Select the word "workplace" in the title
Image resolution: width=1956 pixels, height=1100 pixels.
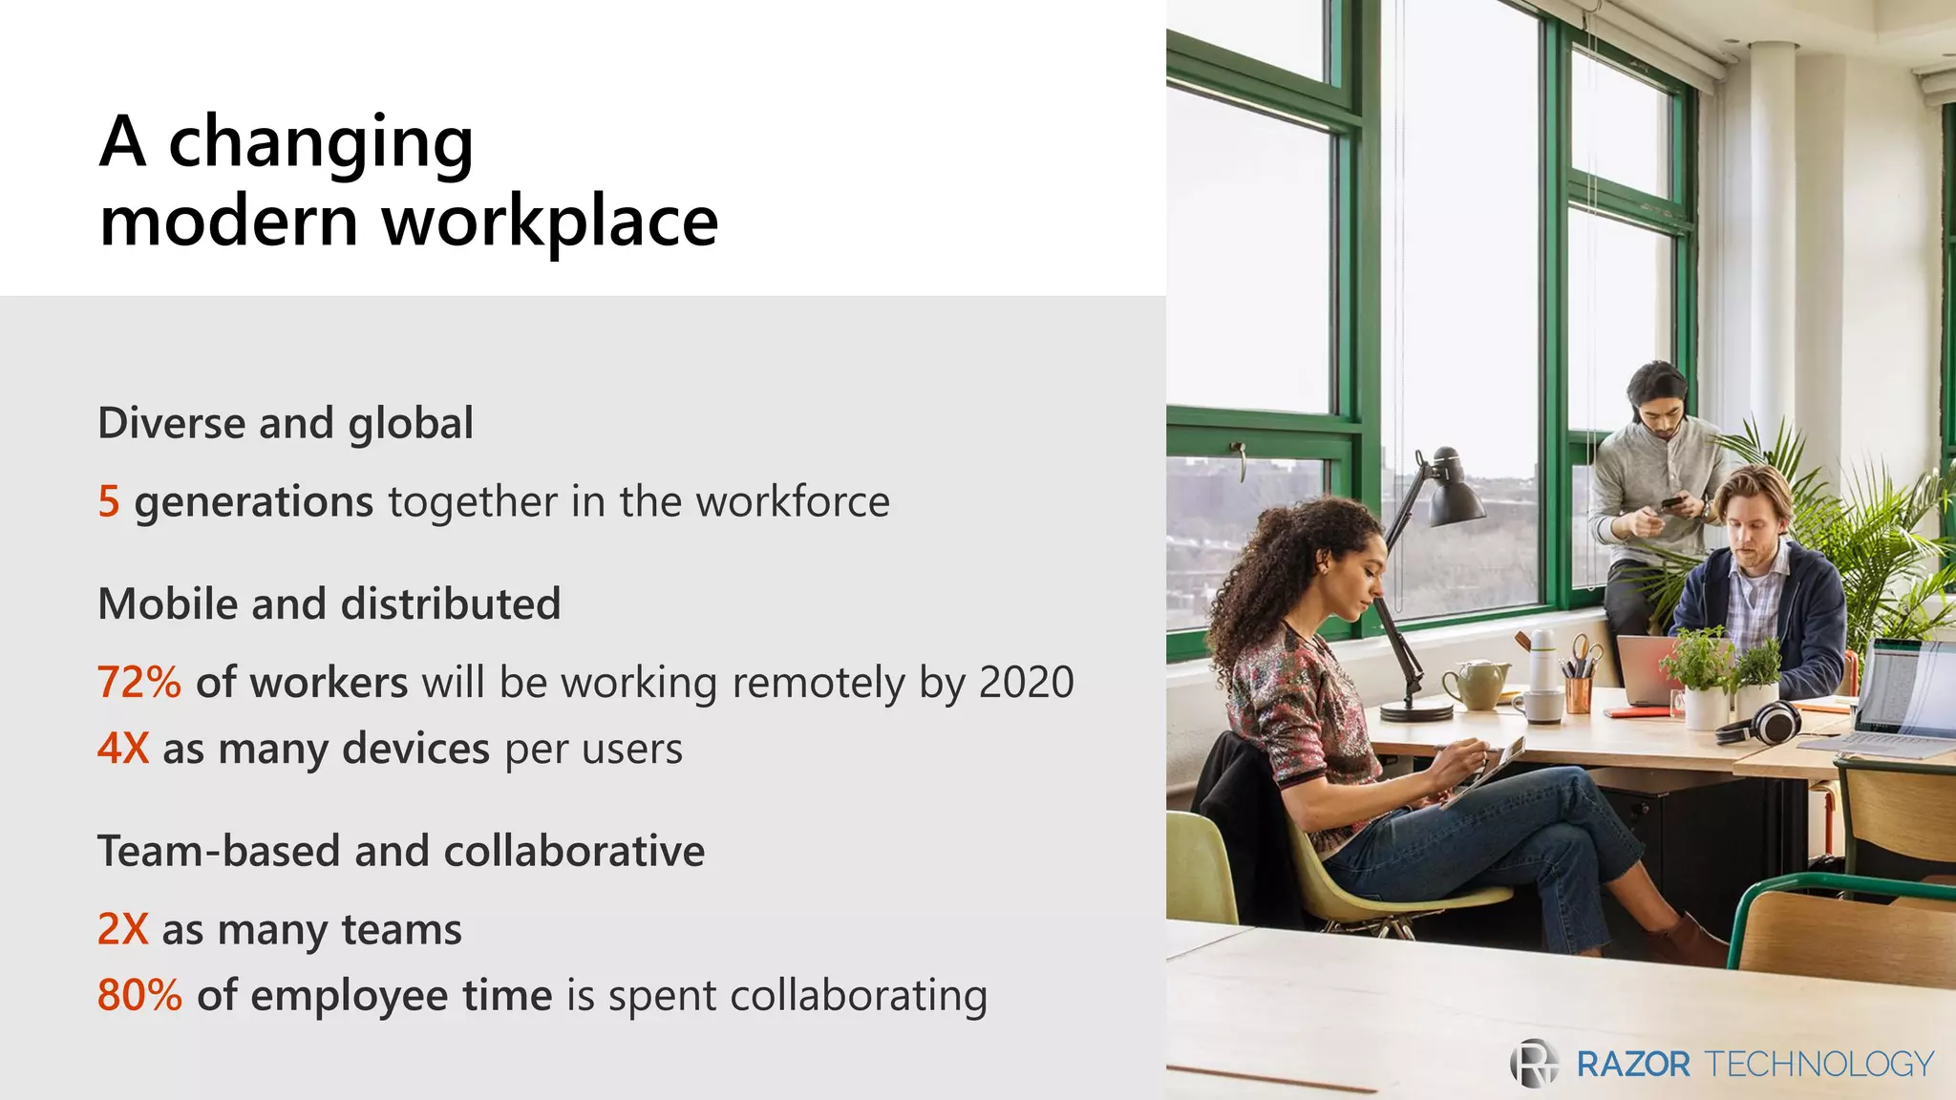(x=550, y=222)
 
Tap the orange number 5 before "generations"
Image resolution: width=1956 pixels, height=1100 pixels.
(x=109, y=501)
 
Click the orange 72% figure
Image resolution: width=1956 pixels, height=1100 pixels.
(x=139, y=682)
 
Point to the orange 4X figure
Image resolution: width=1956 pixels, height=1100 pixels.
(x=123, y=749)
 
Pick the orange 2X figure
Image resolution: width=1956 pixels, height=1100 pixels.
(x=123, y=929)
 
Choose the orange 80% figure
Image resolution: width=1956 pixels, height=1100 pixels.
(x=139, y=995)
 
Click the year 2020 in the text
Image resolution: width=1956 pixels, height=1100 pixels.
(x=1027, y=682)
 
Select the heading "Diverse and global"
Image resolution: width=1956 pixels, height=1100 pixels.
(x=286, y=423)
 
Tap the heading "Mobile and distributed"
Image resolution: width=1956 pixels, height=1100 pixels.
(x=330, y=603)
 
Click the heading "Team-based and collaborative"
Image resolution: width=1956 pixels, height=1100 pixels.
(x=401, y=851)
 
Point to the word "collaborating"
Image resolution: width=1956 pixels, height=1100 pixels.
(x=859, y=995)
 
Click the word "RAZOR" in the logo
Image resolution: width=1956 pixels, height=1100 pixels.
(x=1632, y=1064)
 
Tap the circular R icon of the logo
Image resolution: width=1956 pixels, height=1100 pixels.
(x=1534, y=1063)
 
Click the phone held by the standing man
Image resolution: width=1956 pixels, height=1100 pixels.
(x=1671, y=502)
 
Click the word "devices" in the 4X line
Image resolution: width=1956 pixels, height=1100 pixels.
(x=415, y=749)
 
